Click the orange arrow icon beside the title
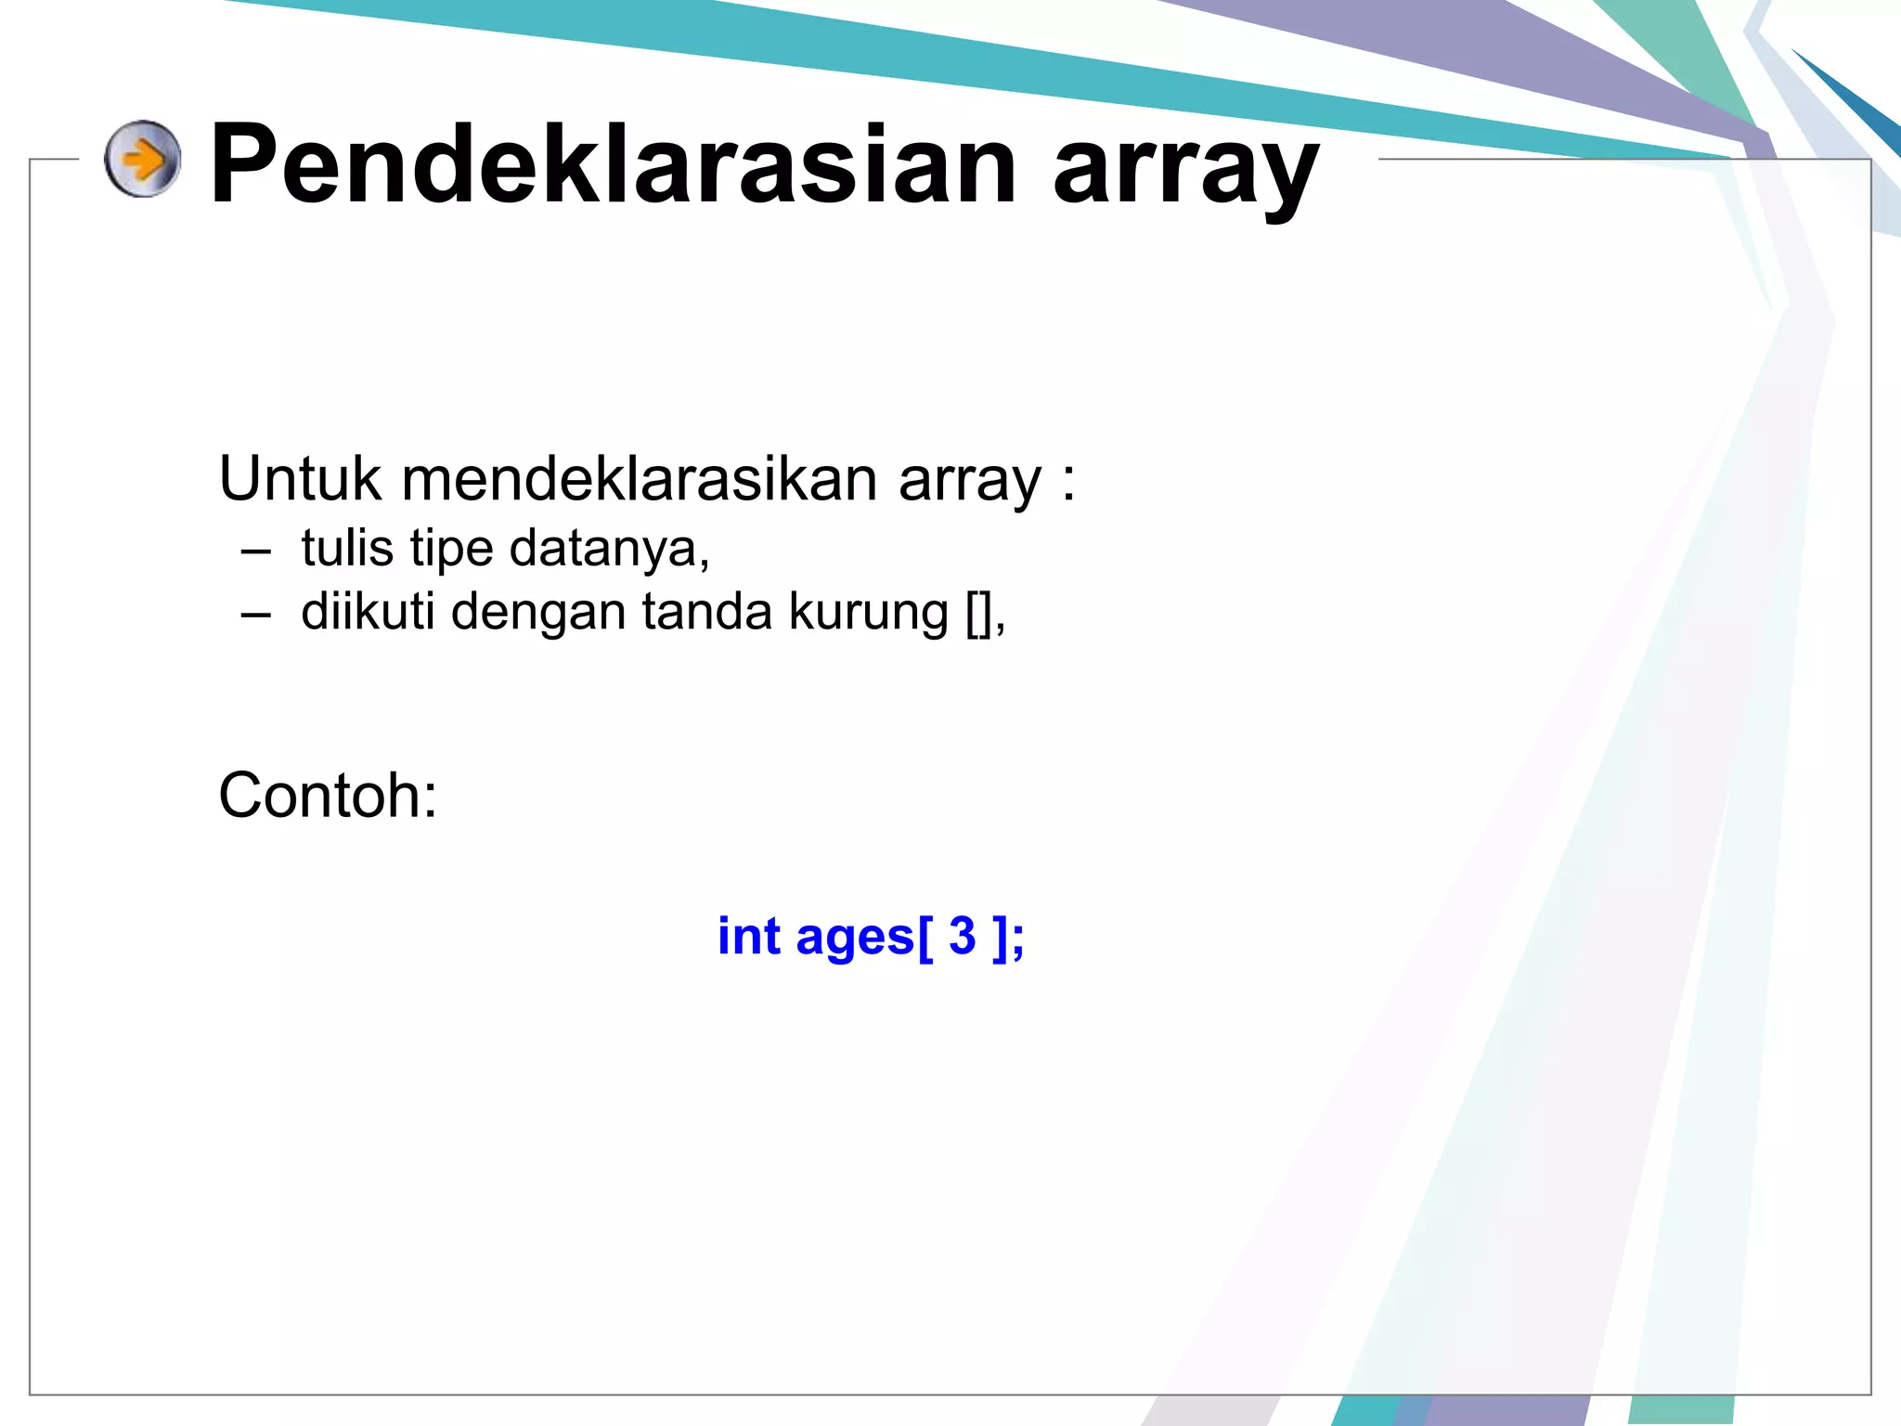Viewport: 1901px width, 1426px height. coord(142,159)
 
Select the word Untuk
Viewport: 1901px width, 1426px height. coord(300,479)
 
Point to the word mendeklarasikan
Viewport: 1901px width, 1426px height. coord(640,479)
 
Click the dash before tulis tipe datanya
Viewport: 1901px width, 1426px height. coord(255,551)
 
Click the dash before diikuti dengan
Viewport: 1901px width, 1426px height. coord(255,615)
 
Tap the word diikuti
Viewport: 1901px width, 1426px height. coord(368,612)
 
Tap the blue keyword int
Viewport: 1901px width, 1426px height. coord(748,936)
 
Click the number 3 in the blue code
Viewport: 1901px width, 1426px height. coord(963,936)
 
